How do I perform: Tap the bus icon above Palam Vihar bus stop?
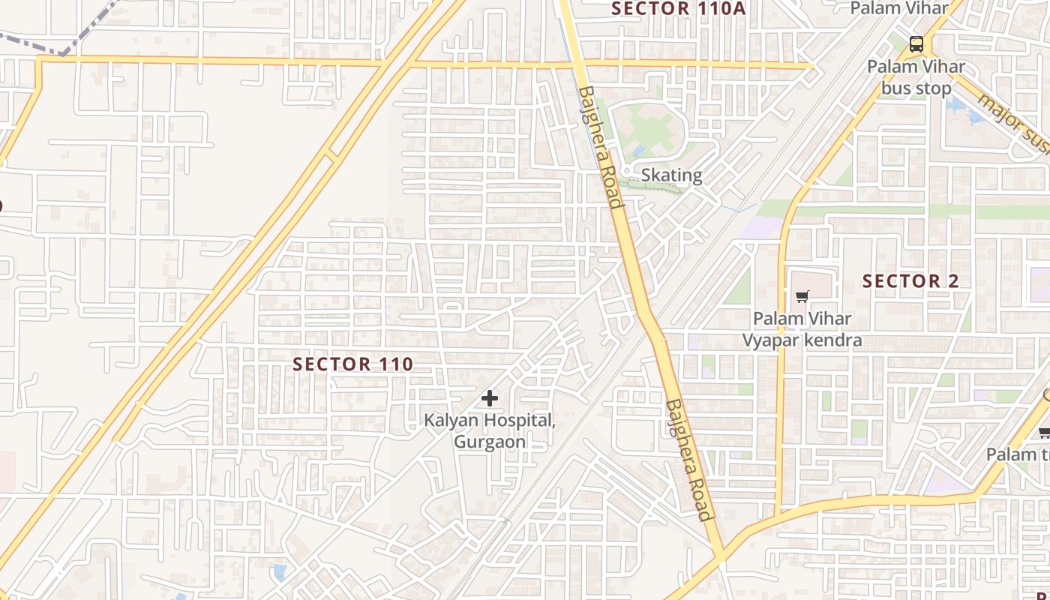[915, 43]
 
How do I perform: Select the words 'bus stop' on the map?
[916, 88]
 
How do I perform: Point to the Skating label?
[671, 175]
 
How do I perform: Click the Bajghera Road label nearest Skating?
[600, 146]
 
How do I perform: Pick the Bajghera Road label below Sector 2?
[688, 459]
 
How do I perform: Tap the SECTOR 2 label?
[910, 281]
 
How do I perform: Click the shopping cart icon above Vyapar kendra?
[802, 296]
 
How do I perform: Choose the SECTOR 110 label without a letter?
[352, 364]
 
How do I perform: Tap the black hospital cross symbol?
[490, 398]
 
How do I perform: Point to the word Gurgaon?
[490, 441]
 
